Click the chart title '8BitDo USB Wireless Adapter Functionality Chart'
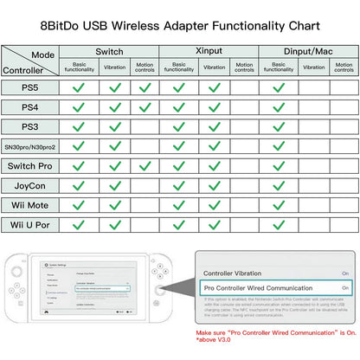[x=179, y=27]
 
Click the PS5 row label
[x=30, y=87]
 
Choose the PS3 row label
[x=30, y=126]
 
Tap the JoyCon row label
[x=30, y=186]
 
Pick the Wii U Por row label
[x=30, y=225]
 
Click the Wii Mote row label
[x=30, y=205]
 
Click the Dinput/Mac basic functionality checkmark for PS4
[x=277, y=107]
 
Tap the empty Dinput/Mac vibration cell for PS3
[x=312, y=126]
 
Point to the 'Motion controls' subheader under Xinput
[x=245, y=67]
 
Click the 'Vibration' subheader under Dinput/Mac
[x=312, y=67]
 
